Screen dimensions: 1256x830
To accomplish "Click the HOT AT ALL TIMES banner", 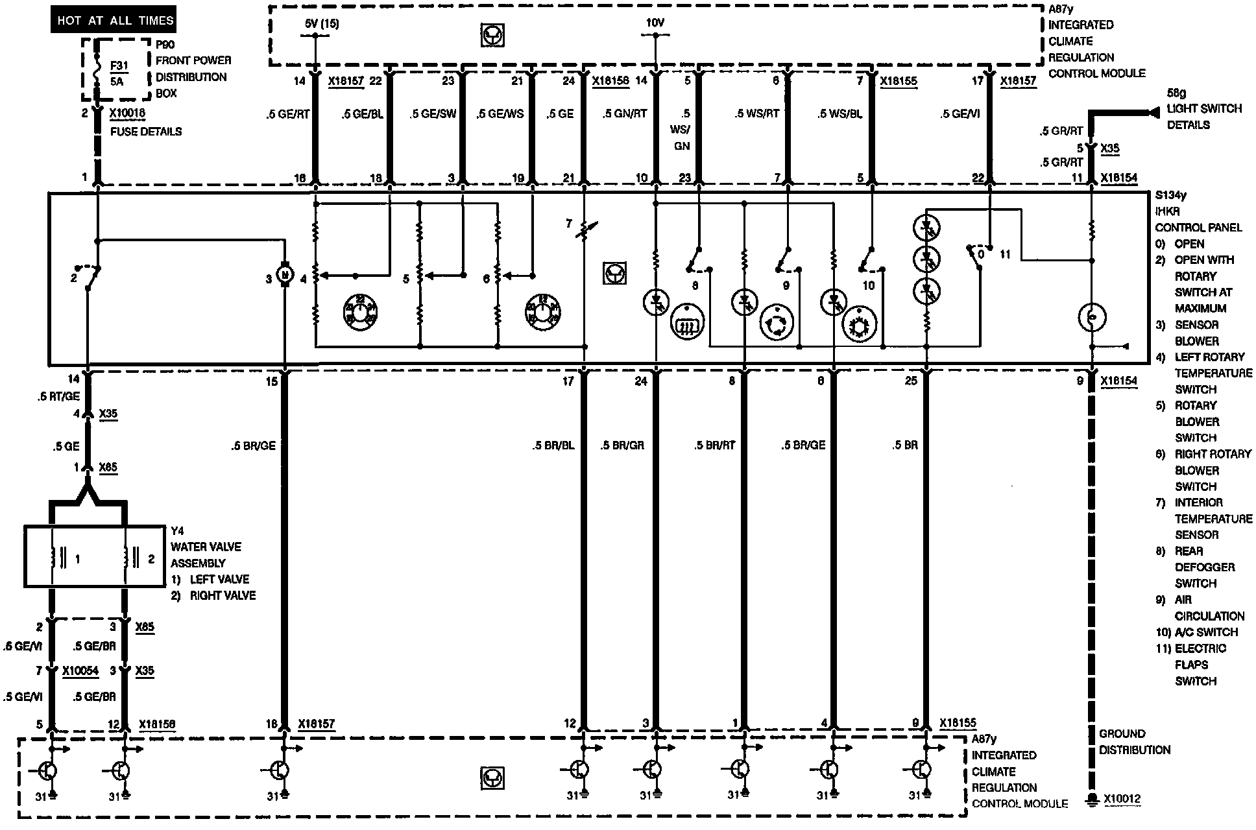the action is point(115,20).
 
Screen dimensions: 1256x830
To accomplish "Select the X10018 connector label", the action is point(127,113).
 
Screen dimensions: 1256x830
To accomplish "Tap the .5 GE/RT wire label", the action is point(288,114).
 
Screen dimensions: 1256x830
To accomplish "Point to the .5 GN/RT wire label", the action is point(624,114).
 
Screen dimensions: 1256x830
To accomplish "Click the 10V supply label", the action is point(655,23).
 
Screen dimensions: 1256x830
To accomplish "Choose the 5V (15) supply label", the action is point(321,24).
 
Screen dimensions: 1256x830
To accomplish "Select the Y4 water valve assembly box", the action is point(94,556).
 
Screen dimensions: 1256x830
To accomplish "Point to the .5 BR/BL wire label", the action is point(553,445).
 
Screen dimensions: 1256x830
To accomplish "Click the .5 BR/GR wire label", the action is point(622,445).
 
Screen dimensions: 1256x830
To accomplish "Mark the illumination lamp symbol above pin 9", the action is point(1092,318).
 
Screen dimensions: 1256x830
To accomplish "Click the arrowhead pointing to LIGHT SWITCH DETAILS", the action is point(1152,113).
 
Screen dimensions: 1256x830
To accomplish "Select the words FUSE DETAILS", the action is point(145,132).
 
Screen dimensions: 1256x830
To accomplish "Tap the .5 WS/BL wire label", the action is point(839,114).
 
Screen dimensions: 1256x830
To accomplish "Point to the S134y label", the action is point(1170,195).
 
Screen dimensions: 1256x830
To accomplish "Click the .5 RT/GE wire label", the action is point(58,397).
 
